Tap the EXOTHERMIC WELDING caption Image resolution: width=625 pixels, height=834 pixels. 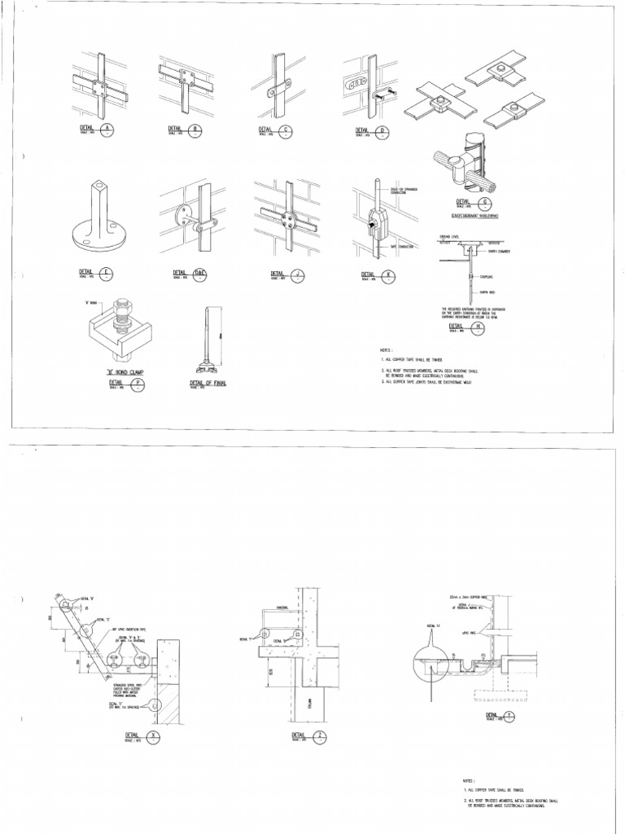[x=474, y=216]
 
